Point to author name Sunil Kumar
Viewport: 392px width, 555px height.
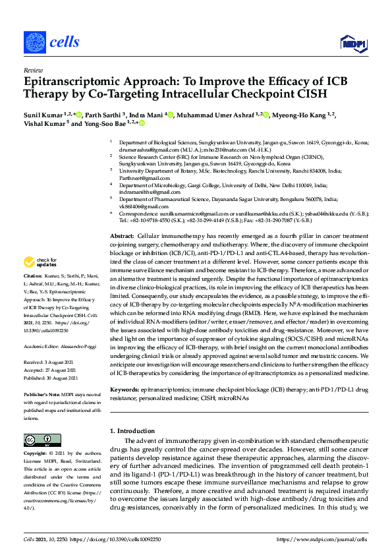[43, 115]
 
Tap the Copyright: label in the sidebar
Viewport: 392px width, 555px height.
[36, 454]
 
